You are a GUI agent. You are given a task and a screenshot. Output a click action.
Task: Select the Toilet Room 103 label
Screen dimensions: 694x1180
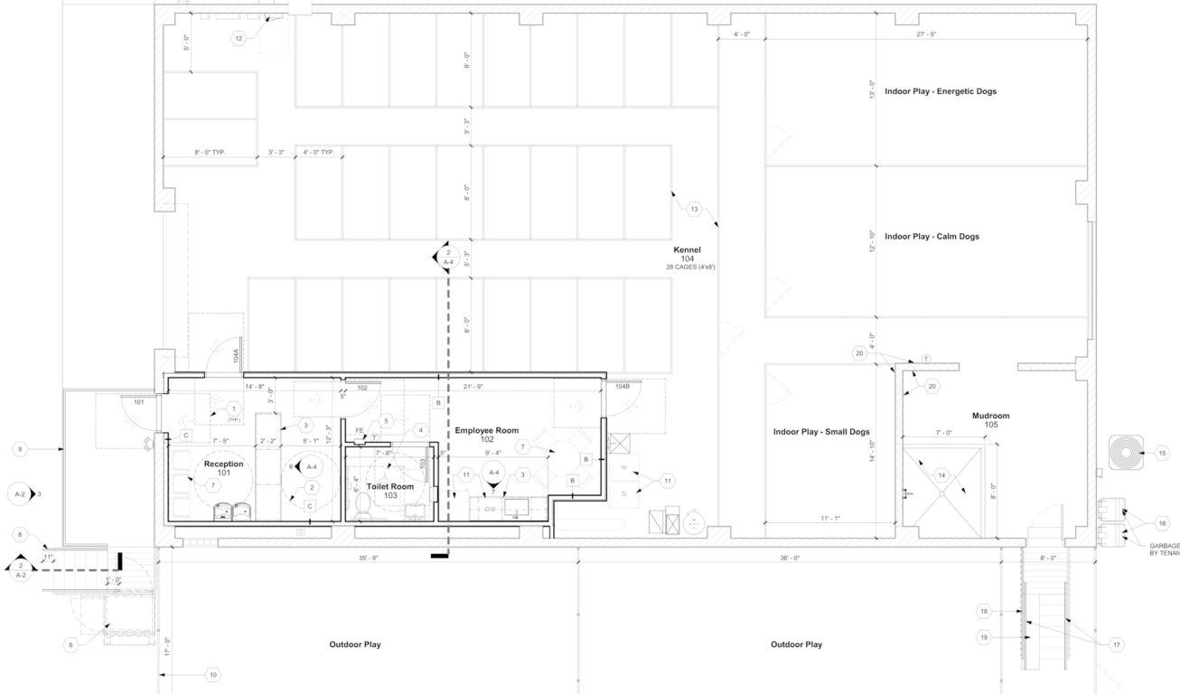tap(389, 491)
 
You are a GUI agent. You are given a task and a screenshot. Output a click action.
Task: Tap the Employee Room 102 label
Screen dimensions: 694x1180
tap(486, 435)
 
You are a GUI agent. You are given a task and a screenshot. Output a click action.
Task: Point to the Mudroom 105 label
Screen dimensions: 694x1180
tap(990, 420)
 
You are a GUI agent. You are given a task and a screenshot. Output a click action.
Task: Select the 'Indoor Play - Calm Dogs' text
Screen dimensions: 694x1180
tap(932, 237)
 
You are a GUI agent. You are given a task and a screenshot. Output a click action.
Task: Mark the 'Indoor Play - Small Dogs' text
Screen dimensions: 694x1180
tap(821, 432)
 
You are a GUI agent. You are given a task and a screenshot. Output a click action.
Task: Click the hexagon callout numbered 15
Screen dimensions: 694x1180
tap(1163, 453)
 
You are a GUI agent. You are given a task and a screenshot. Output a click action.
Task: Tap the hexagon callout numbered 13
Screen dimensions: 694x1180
tap(694, 210)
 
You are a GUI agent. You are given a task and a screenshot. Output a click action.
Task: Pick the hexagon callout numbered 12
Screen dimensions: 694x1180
tap(239, 38)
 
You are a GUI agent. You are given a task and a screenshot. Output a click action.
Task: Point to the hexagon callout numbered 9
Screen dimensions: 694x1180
tap(21, 448)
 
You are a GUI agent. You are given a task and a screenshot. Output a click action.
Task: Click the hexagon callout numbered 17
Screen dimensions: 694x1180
tap(1117, 644)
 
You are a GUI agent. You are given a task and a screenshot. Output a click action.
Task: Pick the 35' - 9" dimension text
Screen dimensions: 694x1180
tap(369, 558)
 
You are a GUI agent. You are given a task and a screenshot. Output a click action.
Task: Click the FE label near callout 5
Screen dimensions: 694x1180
tap(360, 431)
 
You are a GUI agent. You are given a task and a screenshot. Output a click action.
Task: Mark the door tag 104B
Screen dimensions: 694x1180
tap(623, 386)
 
